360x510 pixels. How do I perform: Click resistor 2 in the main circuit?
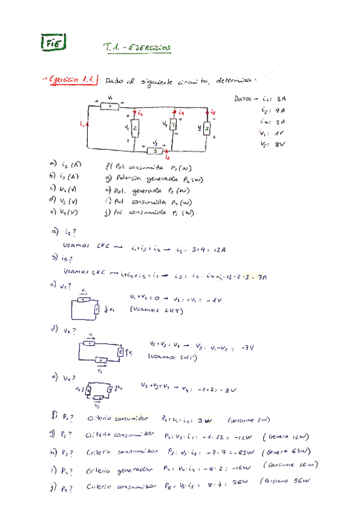coord(136,127)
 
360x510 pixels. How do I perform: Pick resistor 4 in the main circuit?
coord(174,125)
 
